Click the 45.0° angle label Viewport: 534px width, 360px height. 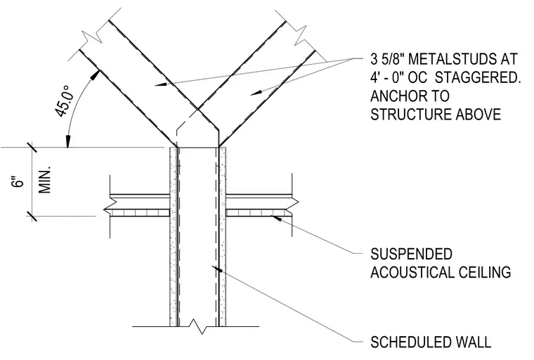[65, 101]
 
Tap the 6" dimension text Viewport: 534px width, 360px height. [18, 181]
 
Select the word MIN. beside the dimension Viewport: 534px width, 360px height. [44, 180]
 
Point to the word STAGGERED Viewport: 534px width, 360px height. [478, 78]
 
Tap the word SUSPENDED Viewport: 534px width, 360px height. [412, 255]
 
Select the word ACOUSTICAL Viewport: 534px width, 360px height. [412, 273]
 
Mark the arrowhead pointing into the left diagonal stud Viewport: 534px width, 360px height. [161, 84]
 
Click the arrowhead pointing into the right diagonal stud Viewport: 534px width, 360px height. [256, 92]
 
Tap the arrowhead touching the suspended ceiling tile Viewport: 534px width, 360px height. [277, 218]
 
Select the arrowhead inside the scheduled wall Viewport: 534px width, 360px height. [217, 269]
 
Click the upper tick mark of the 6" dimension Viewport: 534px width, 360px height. [32, 147]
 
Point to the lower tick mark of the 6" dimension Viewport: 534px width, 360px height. [32, 216]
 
